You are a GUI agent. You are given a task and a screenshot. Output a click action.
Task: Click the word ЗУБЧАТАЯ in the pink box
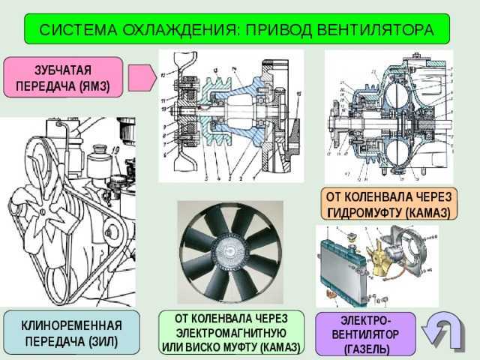click(x=62, y=70)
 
